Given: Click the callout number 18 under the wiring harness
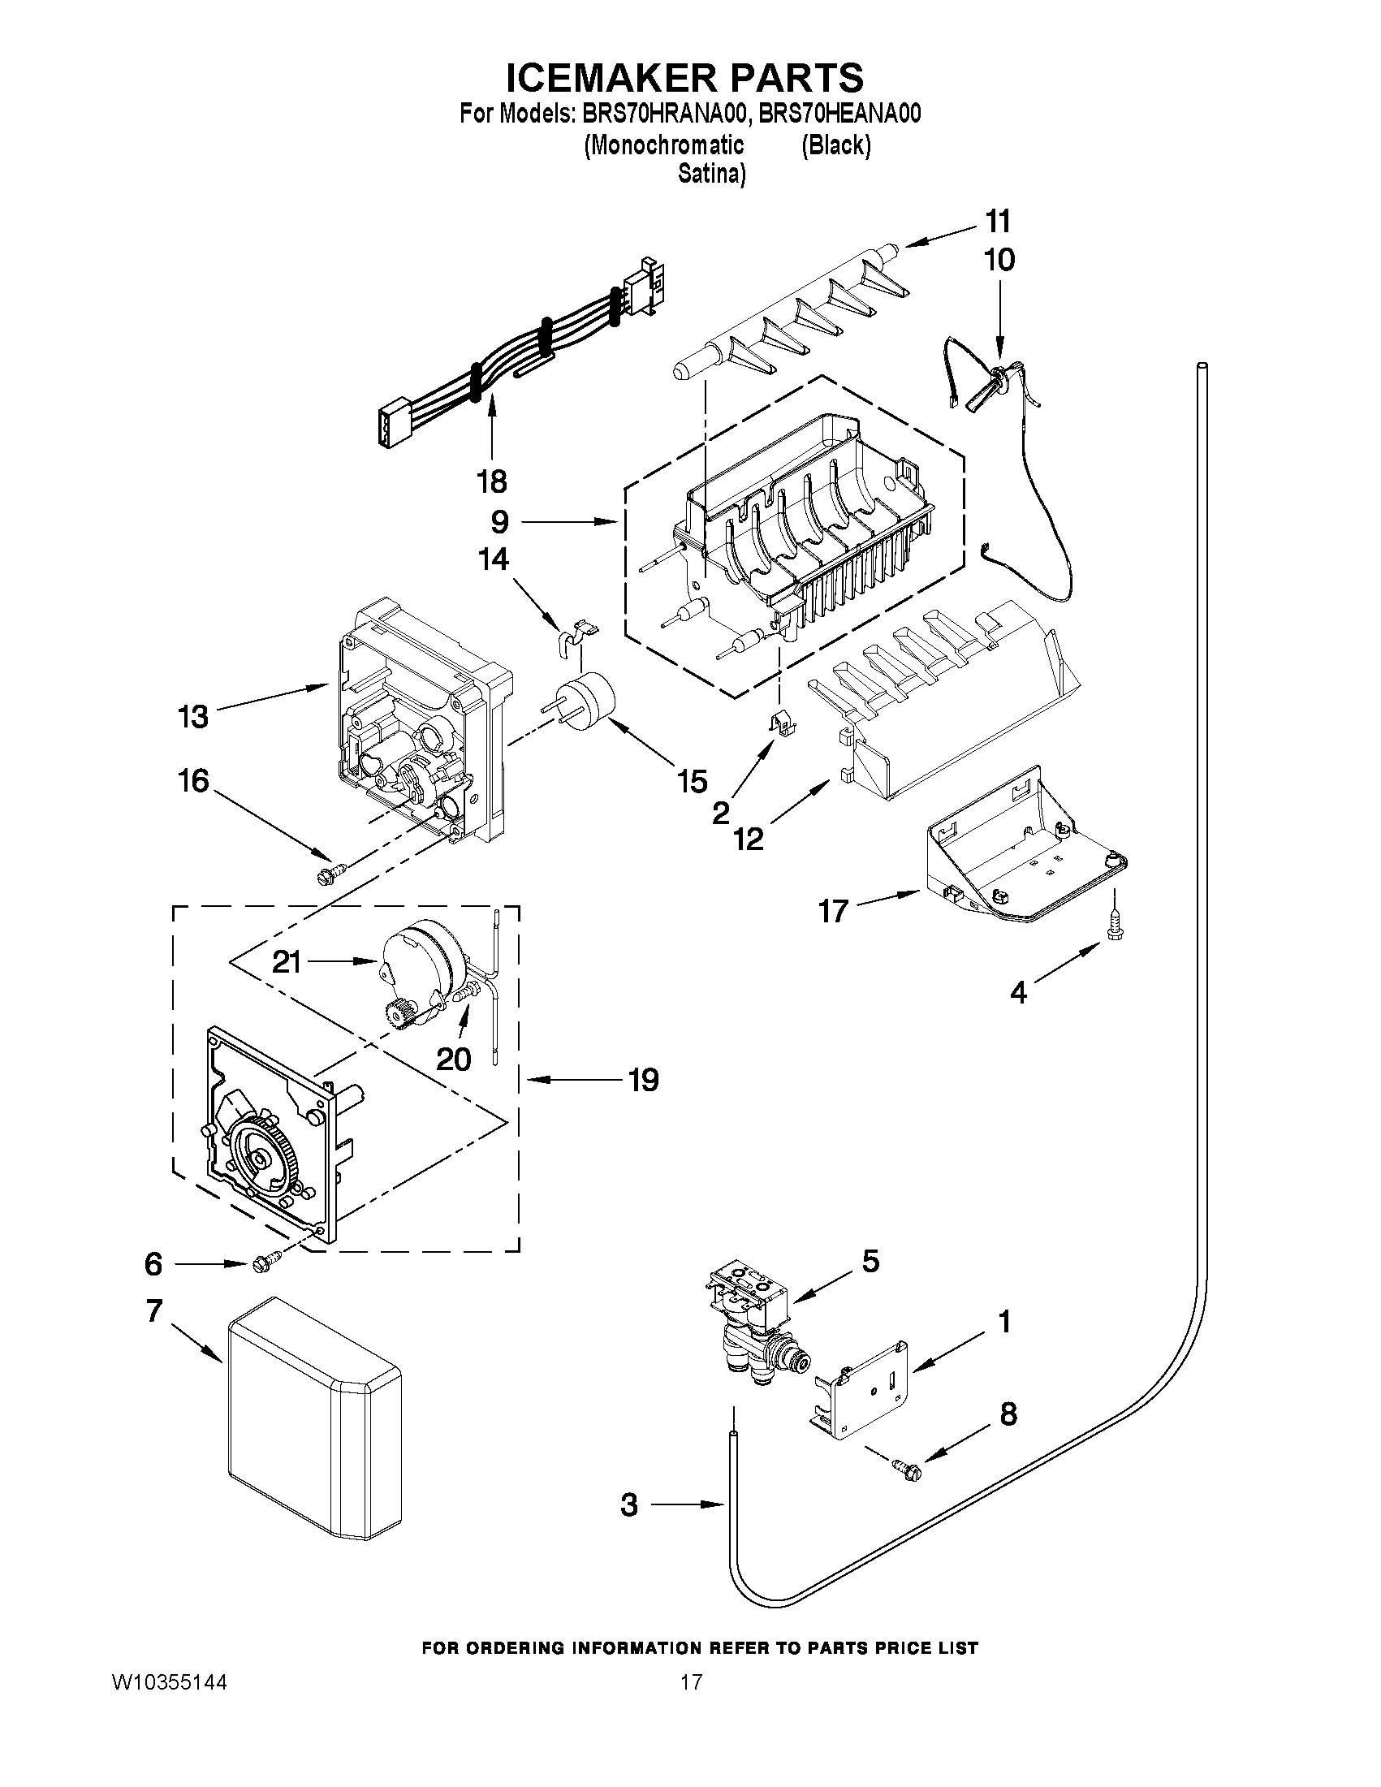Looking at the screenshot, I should tap(492, 481).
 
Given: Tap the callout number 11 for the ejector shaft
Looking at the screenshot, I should tap(998, 222).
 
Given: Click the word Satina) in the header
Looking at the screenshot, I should tap(711, 175).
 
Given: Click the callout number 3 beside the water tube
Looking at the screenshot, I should tap(628, 1504).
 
